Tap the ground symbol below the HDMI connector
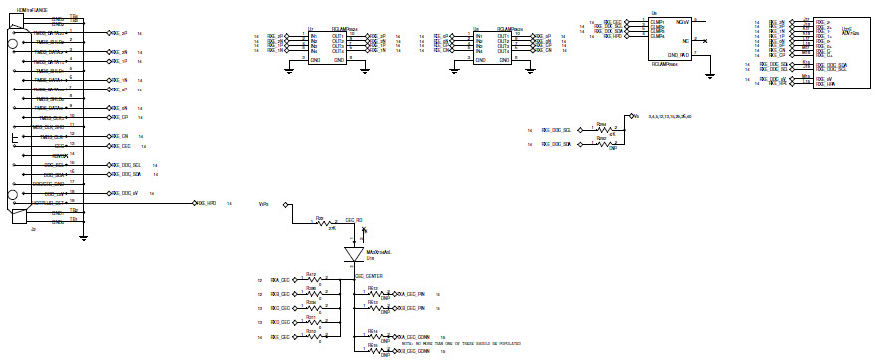click(x=84, y=236)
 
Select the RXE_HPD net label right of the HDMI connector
click(x=207, y=203)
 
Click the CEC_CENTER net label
click(x=369, y=275)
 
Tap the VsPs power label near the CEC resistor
click(x=263, y=204)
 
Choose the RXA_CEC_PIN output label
click(x=410, y=294)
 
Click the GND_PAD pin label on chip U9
click(x=678, y=55)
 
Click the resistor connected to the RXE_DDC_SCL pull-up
click(x=600, y=130)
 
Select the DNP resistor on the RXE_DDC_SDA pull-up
click(x=600, y=145)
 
